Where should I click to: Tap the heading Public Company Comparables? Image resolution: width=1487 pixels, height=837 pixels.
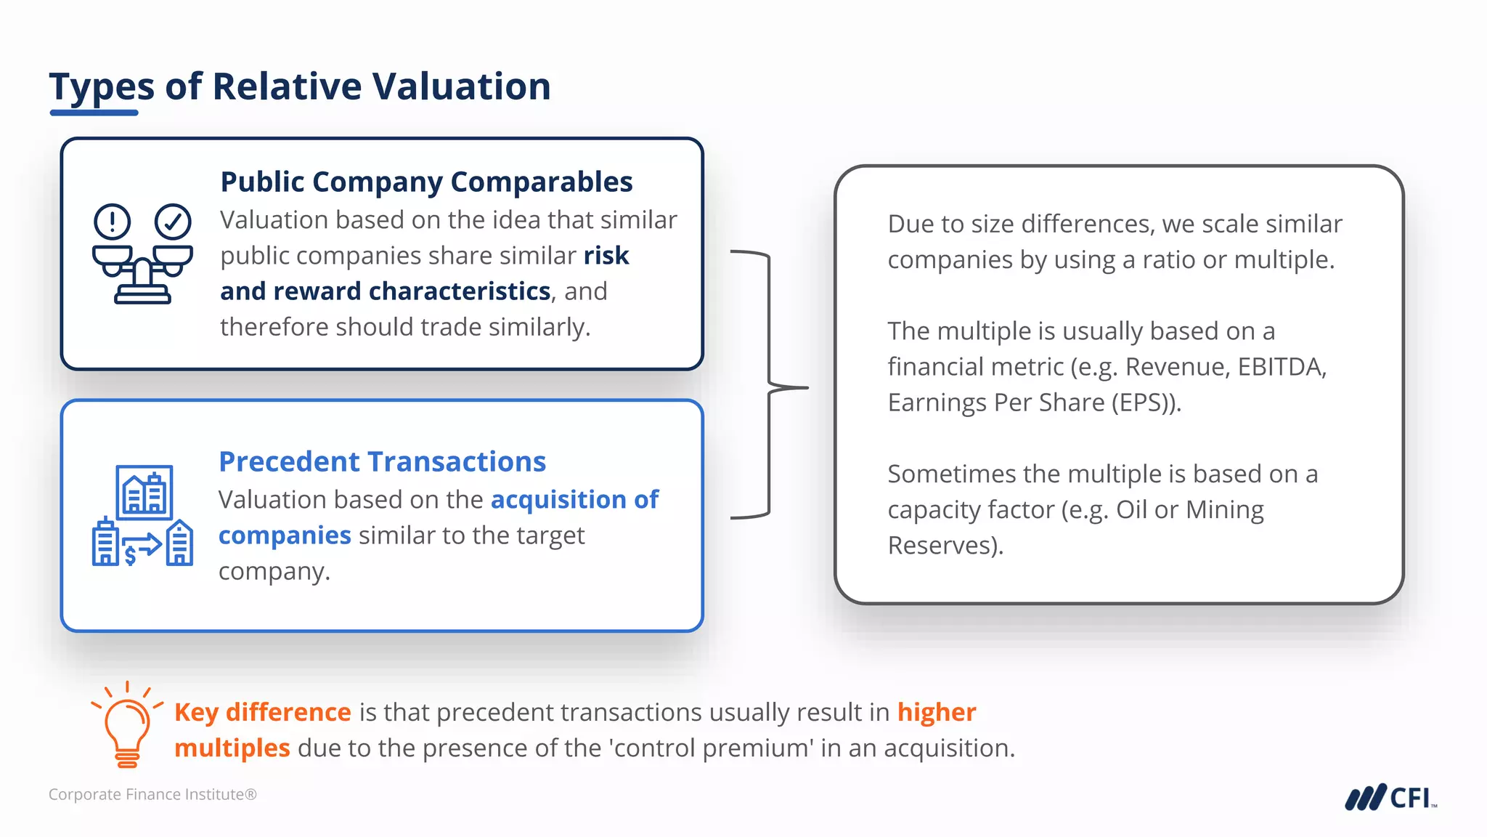[426, 182]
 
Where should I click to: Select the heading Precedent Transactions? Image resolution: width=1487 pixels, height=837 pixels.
[382, 461]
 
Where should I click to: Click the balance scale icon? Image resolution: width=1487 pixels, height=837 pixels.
[142, 254]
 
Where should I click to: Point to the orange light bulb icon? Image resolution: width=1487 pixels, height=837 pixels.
[127, 727]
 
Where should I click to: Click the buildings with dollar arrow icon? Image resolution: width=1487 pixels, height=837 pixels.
[142, 516]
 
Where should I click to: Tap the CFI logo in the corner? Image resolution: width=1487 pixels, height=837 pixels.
[1390, 797]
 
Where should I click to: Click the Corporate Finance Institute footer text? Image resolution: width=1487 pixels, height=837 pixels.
[152, 794]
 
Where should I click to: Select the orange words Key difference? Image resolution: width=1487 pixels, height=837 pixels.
[263, 712]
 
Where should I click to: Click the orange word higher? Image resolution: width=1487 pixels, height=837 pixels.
[937, 712]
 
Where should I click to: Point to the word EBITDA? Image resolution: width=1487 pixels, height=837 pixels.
[1282, 367]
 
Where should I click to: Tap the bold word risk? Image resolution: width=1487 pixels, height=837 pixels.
[606, 256]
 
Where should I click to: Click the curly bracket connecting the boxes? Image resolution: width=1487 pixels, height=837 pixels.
[770, 385]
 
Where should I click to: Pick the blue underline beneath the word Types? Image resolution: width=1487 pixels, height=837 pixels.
[94, 113]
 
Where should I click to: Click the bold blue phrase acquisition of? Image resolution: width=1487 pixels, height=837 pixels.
[574, 500]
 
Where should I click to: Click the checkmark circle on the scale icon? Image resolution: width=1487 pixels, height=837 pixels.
[173, 222]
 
